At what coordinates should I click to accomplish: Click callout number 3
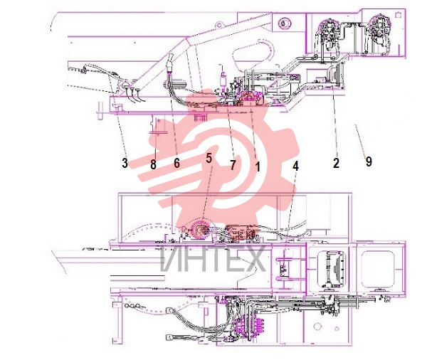[x=125, y=163]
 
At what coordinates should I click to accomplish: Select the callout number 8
[x=153, y=164]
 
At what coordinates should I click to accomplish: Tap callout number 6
[x=176, y=163]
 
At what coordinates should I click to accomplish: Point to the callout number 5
[x=209, y=158]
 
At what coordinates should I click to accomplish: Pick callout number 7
[x=233, y=165]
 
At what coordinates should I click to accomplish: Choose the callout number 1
[x=258, y=166]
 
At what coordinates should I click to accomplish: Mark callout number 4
[x=296, y=165]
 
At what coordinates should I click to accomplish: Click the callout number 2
[x=337, y=163]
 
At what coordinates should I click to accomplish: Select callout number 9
[x=369, y=162]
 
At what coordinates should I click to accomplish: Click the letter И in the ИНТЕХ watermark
[x=171, y=258]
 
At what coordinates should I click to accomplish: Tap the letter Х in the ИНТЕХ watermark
[x=254, y=258]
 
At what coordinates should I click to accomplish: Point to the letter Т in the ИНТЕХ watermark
[x=212, y=258]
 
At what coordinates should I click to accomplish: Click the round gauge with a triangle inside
[x=284, y=23]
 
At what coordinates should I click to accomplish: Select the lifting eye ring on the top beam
[x=218, y=25]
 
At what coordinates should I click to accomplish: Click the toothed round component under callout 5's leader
[x=200, y=231]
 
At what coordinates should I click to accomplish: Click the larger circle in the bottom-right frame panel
[x=317, y=326]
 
